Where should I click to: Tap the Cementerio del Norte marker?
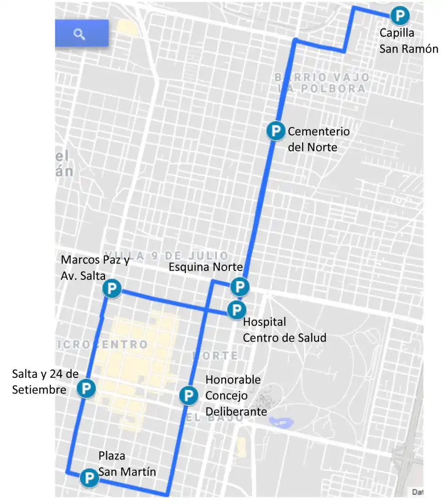point(275,131)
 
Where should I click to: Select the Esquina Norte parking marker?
point(239,287)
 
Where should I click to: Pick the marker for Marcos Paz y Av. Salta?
point(111,289)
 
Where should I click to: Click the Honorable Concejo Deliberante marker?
point(188,395)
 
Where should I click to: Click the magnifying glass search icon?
point(80,33)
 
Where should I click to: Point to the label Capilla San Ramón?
point(408,41)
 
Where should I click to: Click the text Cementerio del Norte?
point(318,139)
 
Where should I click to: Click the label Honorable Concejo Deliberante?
point(236,395)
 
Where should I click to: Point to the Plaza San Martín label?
point(127,464)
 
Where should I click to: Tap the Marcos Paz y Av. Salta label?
point(95,267)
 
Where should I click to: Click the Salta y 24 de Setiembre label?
point(45,382)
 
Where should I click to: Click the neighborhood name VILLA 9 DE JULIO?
point(166,255)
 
